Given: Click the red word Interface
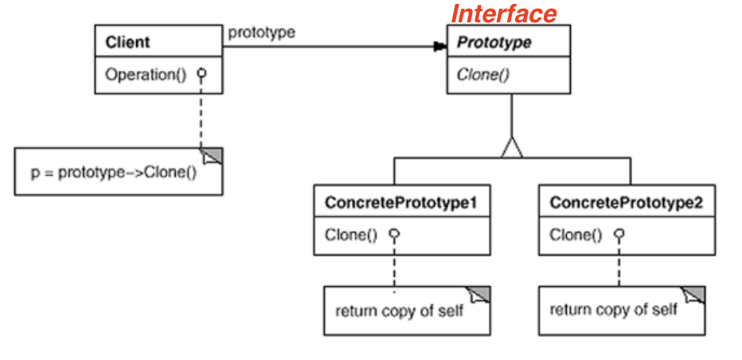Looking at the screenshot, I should click(x=504, y=14).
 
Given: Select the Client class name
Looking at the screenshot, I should click(x=127, y=42).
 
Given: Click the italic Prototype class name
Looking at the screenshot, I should click(x=494, y=42).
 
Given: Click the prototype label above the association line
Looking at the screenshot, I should click(x=261, y=33).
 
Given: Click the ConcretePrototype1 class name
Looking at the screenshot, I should click(x=400, y=203).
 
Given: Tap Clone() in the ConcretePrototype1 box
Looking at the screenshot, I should click(x=351, y=235).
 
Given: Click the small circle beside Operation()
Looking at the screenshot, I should click(x=202, y=74).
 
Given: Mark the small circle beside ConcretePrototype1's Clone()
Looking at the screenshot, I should click(x=393, y=235).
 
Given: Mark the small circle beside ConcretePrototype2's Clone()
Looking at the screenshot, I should click(x=619, y=235).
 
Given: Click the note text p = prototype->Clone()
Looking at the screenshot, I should click(x=114, y=171).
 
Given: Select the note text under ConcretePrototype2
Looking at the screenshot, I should click(x=614, y=309).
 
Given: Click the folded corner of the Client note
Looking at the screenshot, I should click(x=213, y=156).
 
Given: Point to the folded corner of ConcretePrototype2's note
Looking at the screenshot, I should click(x=696, y=295).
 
